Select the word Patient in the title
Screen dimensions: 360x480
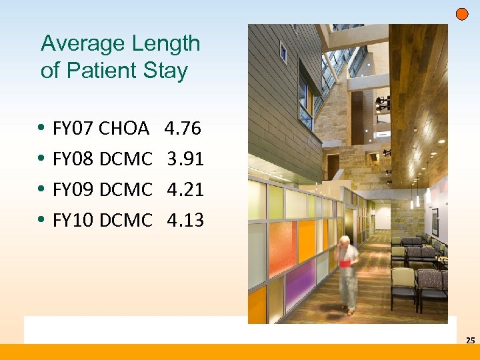(x=107, y=71)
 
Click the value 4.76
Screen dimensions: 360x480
(x=182, y=128)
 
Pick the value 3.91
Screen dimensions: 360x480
(x=185, y=159)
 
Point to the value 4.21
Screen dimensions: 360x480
(x=185, y=189)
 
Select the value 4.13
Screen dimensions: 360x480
(x=185, y=220)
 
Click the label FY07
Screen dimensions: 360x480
(x=73, y=128)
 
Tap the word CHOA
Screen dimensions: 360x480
(x=123, y=128)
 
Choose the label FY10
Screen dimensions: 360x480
(x=73, y=220)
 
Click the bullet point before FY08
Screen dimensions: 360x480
(x=42, y=159)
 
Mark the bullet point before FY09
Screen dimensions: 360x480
(x=42, y=189)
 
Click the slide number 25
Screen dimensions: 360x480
(x=470, y=341)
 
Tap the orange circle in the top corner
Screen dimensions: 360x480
(x=461, y=14)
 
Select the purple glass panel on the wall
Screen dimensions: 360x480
(x=301, y=287)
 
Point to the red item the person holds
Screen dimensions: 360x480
(x=345, y=263)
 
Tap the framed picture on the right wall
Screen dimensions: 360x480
(x=435, y=221)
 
